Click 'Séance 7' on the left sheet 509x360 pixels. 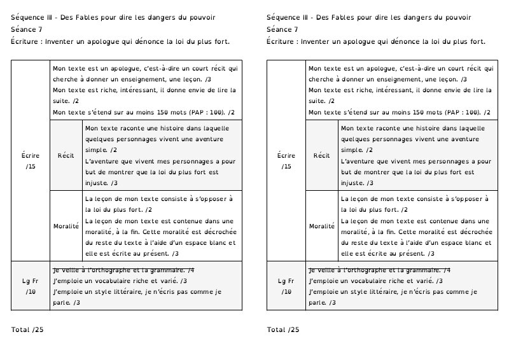27,29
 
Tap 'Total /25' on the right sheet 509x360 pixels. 282,329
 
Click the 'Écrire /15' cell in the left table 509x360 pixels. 31,160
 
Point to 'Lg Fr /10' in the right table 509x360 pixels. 286,286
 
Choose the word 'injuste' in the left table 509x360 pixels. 97,183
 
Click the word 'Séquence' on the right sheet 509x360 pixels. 284,17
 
